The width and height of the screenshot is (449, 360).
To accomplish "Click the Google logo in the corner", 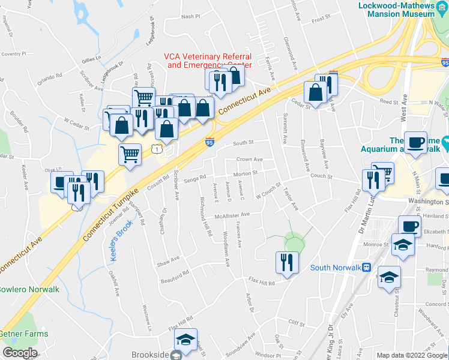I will click(20, 352).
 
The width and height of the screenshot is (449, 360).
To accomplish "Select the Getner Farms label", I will click(24, 334).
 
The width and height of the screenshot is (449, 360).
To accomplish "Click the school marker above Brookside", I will click(186, 340).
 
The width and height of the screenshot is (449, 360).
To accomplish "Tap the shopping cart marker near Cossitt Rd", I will click(130, 154).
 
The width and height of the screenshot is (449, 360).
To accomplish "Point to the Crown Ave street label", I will click(249, 160).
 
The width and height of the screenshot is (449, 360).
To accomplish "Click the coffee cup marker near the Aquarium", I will click(415, 142).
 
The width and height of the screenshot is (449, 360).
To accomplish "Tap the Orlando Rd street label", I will click(50, 77).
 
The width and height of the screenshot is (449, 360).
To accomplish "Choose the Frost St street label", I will click(321, 19).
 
